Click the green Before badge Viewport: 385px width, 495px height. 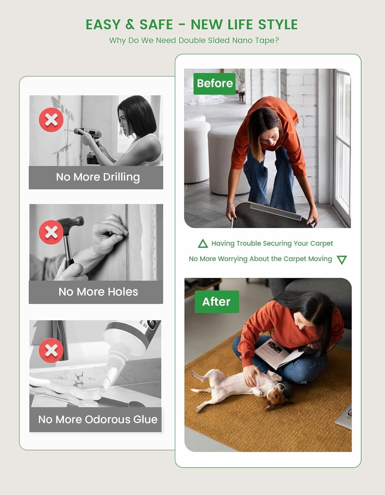(214, 83)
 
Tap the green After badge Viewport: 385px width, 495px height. (217, 302)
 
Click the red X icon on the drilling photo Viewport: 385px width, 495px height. (51, 119)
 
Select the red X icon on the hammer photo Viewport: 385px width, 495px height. (51, 232)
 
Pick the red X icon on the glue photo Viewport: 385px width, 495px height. (51, 350)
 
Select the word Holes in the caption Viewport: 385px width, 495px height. (123, 292)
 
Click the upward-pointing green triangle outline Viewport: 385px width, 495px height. (203, 244)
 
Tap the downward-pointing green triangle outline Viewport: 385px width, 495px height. (342, 259)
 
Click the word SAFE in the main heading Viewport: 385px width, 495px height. (156, 25)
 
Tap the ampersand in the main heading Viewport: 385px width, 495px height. (130, 25)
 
